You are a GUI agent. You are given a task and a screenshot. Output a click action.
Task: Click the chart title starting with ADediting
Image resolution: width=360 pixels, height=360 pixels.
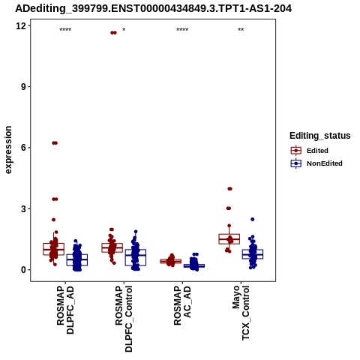click(153, 9)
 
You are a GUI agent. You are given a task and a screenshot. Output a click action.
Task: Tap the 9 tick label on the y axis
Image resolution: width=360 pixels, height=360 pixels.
click(23, 87)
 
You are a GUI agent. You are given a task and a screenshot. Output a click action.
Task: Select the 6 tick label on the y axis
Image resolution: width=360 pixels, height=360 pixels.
click(23, 148)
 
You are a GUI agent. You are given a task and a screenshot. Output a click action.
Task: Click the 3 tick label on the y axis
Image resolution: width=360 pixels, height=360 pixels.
click(23, 208)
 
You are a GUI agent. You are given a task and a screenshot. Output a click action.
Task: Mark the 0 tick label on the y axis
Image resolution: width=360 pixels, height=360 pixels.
click(23, 270)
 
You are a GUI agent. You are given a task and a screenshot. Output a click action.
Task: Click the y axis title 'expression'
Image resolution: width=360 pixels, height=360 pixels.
click(8, 150)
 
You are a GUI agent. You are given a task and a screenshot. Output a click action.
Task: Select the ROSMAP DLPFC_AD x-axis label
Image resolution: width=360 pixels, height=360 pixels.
click(65, 310)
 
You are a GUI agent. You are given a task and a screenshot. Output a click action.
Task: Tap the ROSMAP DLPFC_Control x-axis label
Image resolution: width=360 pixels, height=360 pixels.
click(124, 319)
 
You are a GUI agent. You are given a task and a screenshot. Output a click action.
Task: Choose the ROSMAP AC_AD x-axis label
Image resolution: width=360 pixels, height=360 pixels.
click(182, 305)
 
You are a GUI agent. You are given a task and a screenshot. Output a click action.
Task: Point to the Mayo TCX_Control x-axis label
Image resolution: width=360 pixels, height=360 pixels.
click(241, 313)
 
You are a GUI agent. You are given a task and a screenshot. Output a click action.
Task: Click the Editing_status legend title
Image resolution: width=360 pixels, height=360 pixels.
click(320, 136)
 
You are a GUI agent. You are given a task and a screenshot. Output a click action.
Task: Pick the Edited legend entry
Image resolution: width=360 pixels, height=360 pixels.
click(310, 151)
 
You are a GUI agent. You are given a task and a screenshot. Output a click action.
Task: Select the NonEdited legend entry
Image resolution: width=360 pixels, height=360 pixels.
click(316, 163)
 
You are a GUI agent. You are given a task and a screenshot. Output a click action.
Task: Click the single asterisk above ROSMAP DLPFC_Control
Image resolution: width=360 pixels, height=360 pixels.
click(124, 30)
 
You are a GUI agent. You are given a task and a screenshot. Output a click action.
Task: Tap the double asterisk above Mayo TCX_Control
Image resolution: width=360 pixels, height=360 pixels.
click(241, 30)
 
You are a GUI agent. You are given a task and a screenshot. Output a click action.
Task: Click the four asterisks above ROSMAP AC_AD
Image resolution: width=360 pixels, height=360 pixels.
click(182, 30)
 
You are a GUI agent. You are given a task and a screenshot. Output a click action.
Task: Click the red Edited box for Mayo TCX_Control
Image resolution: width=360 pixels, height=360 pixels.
click(229, 239)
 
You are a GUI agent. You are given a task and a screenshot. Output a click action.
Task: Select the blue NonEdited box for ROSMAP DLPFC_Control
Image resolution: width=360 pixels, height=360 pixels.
click(136, 257)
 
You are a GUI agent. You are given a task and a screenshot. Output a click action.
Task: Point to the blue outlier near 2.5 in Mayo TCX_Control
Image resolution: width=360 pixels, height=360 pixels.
click(253, 219)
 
